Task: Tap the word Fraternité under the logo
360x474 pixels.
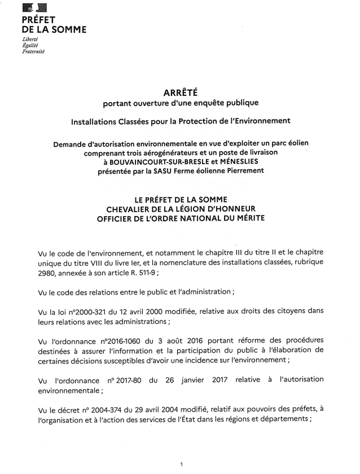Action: [x=32, y=52]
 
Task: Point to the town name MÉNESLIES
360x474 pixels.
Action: [x=234, y=163]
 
